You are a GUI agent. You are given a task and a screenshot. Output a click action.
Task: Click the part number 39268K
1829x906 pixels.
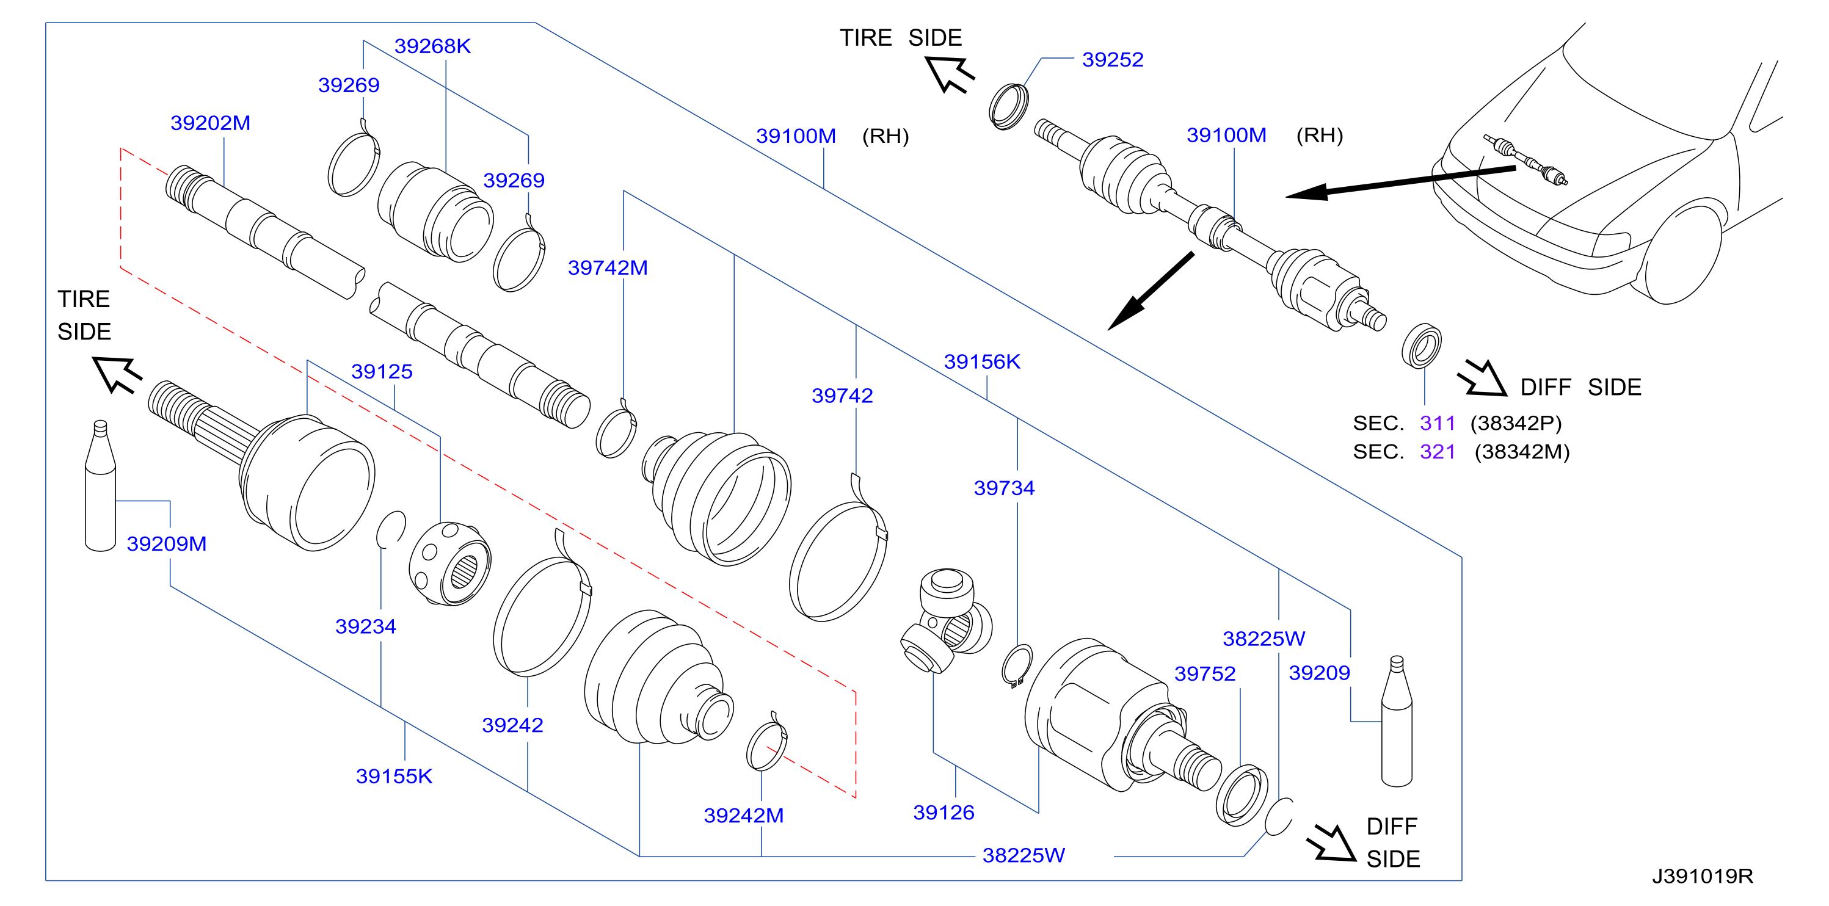(x=432, y=46)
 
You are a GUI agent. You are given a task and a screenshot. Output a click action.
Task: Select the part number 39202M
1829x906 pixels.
(x=210, y=123)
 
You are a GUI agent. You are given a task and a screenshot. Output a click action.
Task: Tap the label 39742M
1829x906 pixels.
(x=608, y=267)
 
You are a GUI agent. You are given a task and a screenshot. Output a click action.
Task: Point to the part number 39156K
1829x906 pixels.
(x=982, y=361)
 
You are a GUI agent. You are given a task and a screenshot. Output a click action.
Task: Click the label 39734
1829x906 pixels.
(x=1004, y=488)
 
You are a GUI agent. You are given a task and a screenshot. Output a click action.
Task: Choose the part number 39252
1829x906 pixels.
(x=1113, y=60)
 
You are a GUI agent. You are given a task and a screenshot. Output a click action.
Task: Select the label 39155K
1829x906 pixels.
(x=394, y=776)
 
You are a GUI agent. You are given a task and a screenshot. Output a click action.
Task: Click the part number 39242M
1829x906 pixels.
(x=743, y=815)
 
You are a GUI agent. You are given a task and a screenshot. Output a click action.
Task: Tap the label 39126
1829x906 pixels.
(x=944, y=812)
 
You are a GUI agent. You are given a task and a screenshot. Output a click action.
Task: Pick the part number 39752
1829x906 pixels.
(x=1205, y=673)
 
